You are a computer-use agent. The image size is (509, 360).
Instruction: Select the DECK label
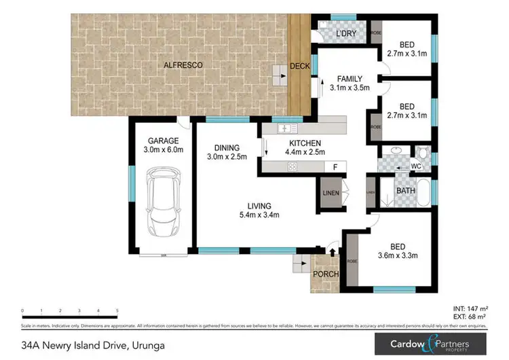[x=299, y=66]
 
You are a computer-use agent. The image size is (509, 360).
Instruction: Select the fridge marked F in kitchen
[x=334, y=166]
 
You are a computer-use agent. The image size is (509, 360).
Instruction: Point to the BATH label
[x=406, y=191]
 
